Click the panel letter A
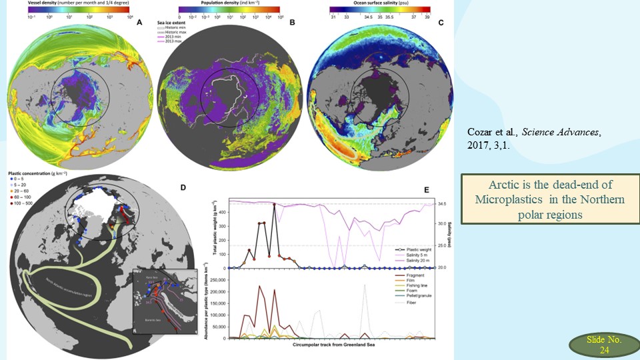tap(139, 23)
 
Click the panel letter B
tap(292, 23)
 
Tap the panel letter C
tap(440, 23)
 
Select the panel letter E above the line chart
tap(428, 190)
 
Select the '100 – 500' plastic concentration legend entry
tap(21, 217)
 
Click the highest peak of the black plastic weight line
tap(274, 205)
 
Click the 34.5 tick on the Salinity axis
tap(441, 203)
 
